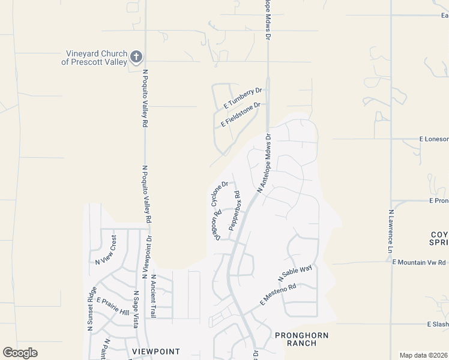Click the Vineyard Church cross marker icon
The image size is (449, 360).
coord(136,57)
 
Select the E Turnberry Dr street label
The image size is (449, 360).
coord(243,97)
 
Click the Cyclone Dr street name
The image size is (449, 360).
coord(219,193)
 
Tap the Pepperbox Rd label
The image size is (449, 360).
coord(234,211)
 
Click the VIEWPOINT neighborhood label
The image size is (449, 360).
coord(155,352)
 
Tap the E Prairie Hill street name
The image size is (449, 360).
coord(113,307)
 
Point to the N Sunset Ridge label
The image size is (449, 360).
coord(91,310)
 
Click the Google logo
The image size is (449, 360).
coord(20,353)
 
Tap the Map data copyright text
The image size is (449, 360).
coord(423,355)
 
